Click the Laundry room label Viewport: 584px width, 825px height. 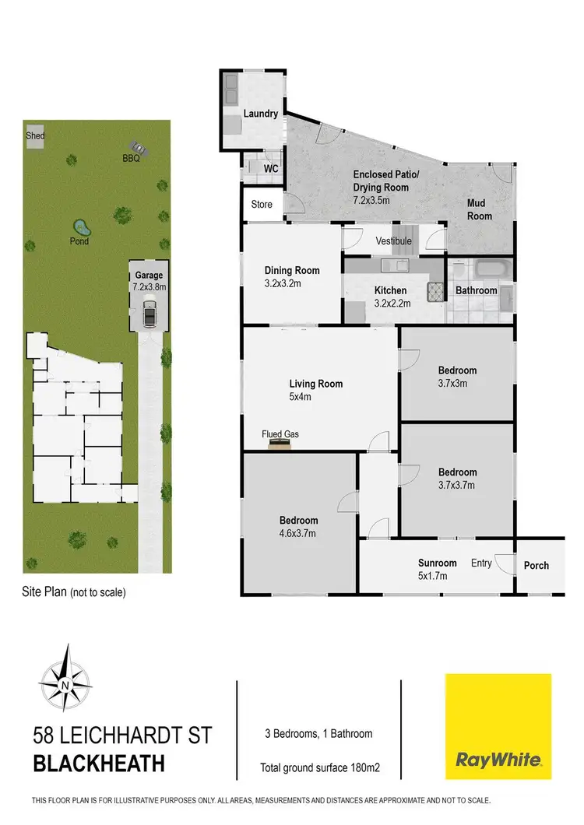point(260,114)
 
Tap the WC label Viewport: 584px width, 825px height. point(270,168)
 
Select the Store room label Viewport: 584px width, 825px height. point(262,205)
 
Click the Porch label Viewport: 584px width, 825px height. point(536,566)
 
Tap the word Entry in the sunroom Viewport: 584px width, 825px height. point(480,563)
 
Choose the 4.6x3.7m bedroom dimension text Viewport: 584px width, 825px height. point(299,533)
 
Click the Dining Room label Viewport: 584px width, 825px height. point(292,271)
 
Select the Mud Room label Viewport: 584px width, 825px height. point(480,209)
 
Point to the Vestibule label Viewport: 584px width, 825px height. point(393,241)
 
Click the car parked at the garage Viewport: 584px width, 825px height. point(149,315)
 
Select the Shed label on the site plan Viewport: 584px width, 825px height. point(35,136)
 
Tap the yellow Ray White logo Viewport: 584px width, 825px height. point(498,726)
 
